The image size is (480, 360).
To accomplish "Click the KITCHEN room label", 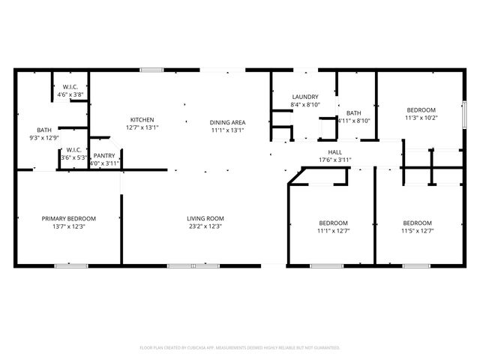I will click(142, 120).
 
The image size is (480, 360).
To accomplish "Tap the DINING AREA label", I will click(227, 122).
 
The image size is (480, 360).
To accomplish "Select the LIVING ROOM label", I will click(205, 218).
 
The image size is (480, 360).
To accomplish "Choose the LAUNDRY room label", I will click(305, 97).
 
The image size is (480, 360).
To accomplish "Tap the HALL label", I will click(335, 151).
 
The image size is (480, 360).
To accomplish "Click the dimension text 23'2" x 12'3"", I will click(205, 226).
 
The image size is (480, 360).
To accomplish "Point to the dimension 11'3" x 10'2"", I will click(421, 117).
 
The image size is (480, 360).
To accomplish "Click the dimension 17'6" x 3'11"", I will click(335, 159).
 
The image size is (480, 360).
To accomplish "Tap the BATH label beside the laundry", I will click(353, 112).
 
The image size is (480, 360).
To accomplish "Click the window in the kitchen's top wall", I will click(151, 70).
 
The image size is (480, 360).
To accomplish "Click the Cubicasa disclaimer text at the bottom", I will click(240, 347).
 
